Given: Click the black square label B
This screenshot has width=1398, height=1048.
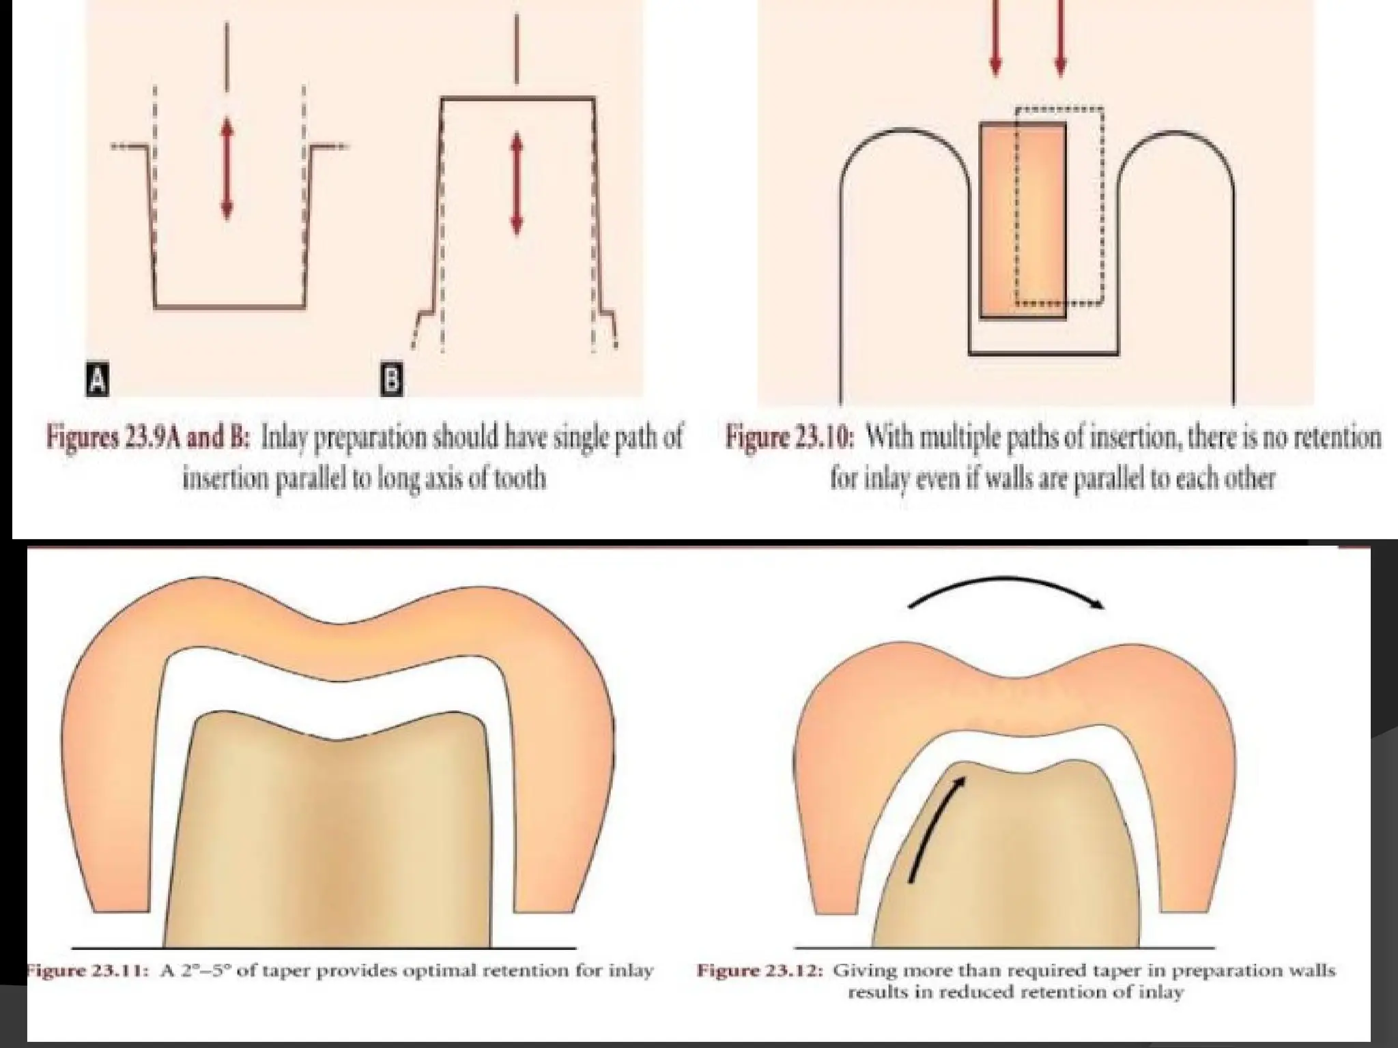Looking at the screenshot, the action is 391,381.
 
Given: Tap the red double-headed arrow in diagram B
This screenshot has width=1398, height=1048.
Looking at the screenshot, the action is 517,182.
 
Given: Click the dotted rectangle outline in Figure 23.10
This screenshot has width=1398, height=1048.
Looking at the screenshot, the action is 1102,205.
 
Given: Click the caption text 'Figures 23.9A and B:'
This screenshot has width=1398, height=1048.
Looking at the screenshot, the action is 146,437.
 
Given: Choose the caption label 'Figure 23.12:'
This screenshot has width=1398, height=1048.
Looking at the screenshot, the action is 758,971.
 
